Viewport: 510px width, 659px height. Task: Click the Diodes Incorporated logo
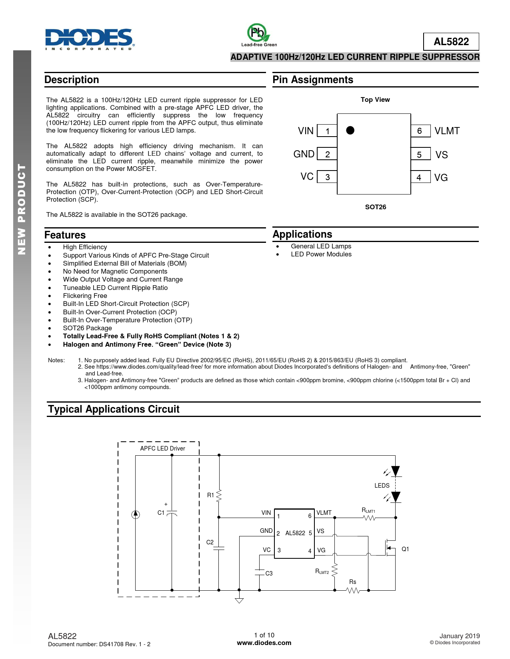pos(90,39)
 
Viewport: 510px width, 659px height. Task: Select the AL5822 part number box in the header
pos(451,42)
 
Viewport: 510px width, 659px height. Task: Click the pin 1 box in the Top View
pos(327,131)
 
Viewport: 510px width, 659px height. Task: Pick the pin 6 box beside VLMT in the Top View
pos(420,131)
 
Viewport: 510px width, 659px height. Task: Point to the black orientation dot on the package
pos(350,130)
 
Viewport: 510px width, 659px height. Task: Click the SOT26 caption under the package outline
pos(375,207)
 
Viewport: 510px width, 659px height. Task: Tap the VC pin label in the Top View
pos(307,177)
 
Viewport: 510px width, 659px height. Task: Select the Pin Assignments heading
pos(313,80)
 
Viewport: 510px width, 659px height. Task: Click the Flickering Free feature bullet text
pos(85,296)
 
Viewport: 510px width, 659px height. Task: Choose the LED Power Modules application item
pos(321,254)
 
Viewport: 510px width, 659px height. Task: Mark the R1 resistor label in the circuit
pos(210,495)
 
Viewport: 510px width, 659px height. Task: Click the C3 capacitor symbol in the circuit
pos(260,572)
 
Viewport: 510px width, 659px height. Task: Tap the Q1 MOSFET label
pos(405,549)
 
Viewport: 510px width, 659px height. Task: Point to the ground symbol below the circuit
pos(239,600)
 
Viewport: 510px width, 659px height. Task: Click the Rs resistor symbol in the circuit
pos(353,590)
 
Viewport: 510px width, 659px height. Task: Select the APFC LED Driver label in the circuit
pos(162,449)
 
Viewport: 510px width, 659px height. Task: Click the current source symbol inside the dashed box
pos(136,514)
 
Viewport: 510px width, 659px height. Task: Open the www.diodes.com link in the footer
pos(264,643)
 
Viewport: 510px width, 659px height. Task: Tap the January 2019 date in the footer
pos(459,636)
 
